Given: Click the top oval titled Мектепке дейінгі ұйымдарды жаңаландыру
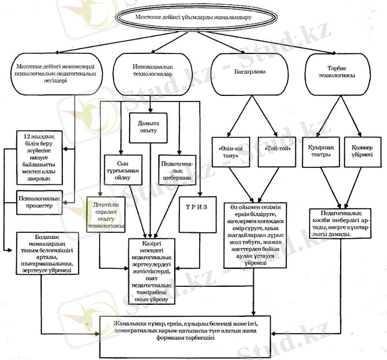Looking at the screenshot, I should coord(193,18).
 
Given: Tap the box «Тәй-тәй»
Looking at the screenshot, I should coord(277,149).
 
